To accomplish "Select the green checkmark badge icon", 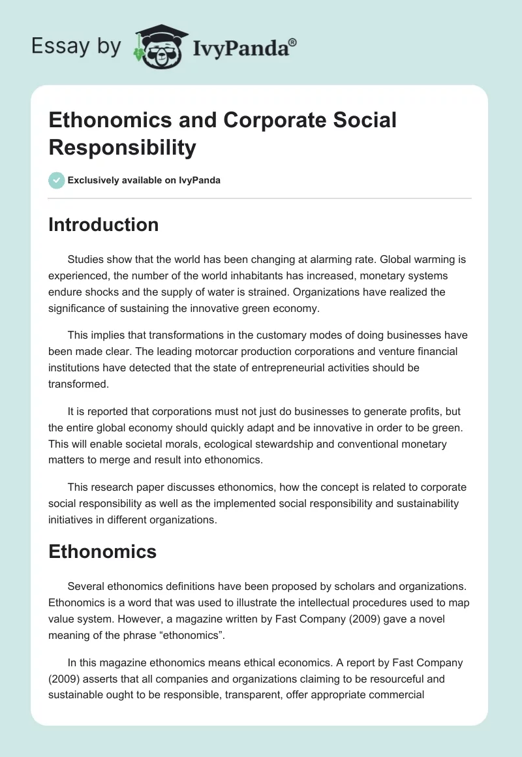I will tap(57, 180).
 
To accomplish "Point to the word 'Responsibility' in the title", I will tap(122, 147).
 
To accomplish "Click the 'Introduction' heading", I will tap(103, 224).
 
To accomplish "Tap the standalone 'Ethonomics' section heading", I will tap(102, 551).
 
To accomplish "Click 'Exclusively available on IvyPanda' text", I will tap(144, 180).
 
